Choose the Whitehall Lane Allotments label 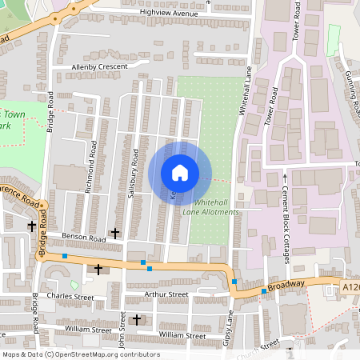(x=212, y=208)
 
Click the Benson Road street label (x=84, y=238)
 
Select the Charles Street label (x=70, y=298)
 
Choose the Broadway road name (x=286, y=284)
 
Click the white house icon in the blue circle (x=180, y=173)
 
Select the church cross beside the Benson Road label (x=115, y=233)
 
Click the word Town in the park (x=11, y=115)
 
